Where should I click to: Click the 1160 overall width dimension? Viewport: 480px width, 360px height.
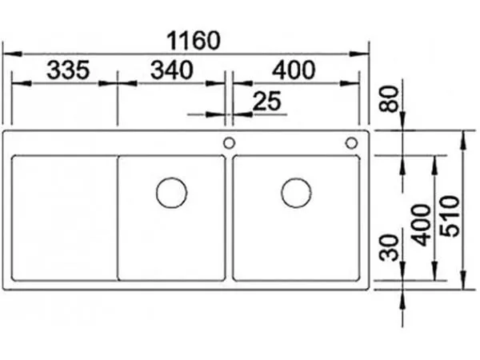pyautogui.click(x=194, y=40)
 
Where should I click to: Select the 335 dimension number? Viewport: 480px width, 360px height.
pyautogui.click(x=68, y=70)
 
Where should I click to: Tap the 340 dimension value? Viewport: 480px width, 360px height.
pyautogui.click(x=172, y=70)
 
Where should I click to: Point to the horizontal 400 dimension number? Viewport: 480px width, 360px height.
pyautogui.click(x=294, y=70)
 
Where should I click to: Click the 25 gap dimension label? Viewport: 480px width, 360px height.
pyautogui.click(x=267, y=101)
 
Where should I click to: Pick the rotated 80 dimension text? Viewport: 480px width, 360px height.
pyautogui.click(x=389, y=99)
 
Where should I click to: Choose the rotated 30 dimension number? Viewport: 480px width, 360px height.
pyautogui.click(x=389, y=247)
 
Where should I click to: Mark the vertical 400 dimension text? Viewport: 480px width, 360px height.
pyautogui.click(x=421, y=226)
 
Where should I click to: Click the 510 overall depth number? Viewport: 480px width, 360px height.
pyautogui.click(x=450, y=216)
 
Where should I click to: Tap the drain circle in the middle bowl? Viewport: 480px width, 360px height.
pyautogui.click(x=171, y=193)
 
